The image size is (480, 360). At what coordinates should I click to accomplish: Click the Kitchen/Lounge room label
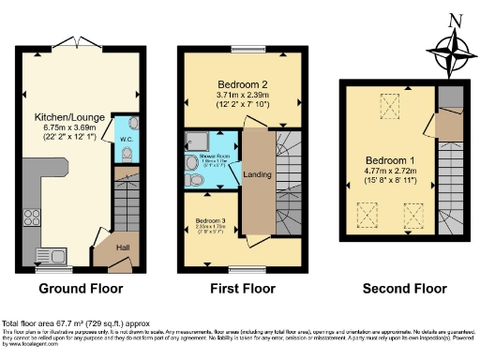(62, 117)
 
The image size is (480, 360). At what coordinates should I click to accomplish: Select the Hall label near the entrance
(123, 247)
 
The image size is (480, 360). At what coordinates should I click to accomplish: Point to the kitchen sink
(48, 255)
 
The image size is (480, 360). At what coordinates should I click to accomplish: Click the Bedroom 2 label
(243, 83)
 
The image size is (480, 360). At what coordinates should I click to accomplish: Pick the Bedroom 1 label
(392, 159)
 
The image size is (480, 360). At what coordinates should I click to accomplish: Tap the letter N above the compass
(455, 19)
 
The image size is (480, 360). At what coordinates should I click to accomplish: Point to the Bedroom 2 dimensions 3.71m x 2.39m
(243, 96)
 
